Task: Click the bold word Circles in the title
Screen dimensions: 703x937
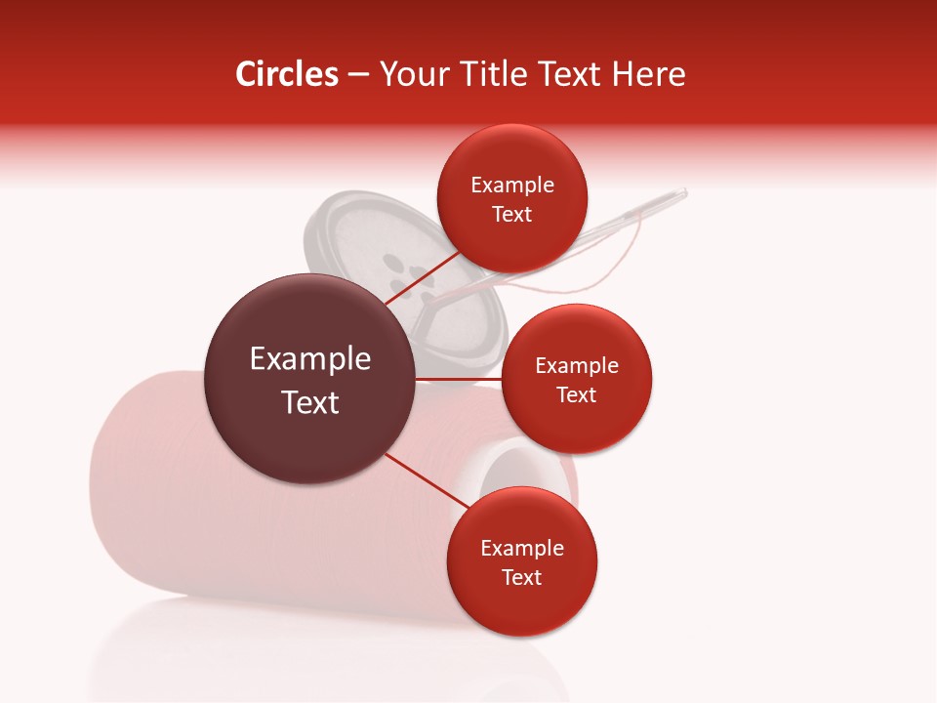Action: [x=286, y=74]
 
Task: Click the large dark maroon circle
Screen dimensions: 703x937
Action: [x=309, y=379]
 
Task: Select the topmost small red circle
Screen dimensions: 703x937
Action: [x=511, y=198]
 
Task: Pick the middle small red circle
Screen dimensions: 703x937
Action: [x=576, y=379]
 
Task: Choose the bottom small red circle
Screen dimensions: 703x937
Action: [x=521, y=561]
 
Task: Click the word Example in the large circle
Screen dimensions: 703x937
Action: [x=309, y=359]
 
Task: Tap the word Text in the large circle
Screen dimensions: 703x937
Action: [x=309, y=402]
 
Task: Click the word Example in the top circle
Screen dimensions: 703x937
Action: [x=511, y=185]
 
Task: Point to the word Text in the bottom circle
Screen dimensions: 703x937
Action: [x=521, y=577]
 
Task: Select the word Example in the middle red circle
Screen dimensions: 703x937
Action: [x=576, y=365]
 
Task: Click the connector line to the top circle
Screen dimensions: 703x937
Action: [x=422, y=276]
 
